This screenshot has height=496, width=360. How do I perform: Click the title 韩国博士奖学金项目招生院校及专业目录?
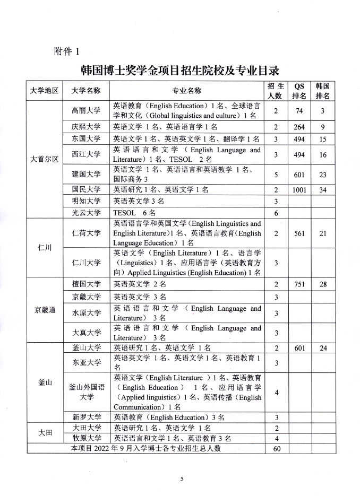(x=180, y=71)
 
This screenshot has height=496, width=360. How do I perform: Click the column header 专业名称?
(x=187, y=91)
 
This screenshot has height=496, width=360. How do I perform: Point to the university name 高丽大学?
(x=86, y=111)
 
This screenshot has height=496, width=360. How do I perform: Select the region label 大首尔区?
(x=44, y=159)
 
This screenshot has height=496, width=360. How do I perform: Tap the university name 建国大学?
(x=86, y=174)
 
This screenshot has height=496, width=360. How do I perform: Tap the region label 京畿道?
(x=45, y=310)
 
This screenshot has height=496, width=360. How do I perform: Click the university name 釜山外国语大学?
(x=86, y=392)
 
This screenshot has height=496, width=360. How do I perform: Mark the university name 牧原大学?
(x=86, y=438)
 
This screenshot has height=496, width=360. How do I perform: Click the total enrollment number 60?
(x=276, y=449)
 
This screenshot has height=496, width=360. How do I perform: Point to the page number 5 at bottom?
(x=181, y=479)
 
